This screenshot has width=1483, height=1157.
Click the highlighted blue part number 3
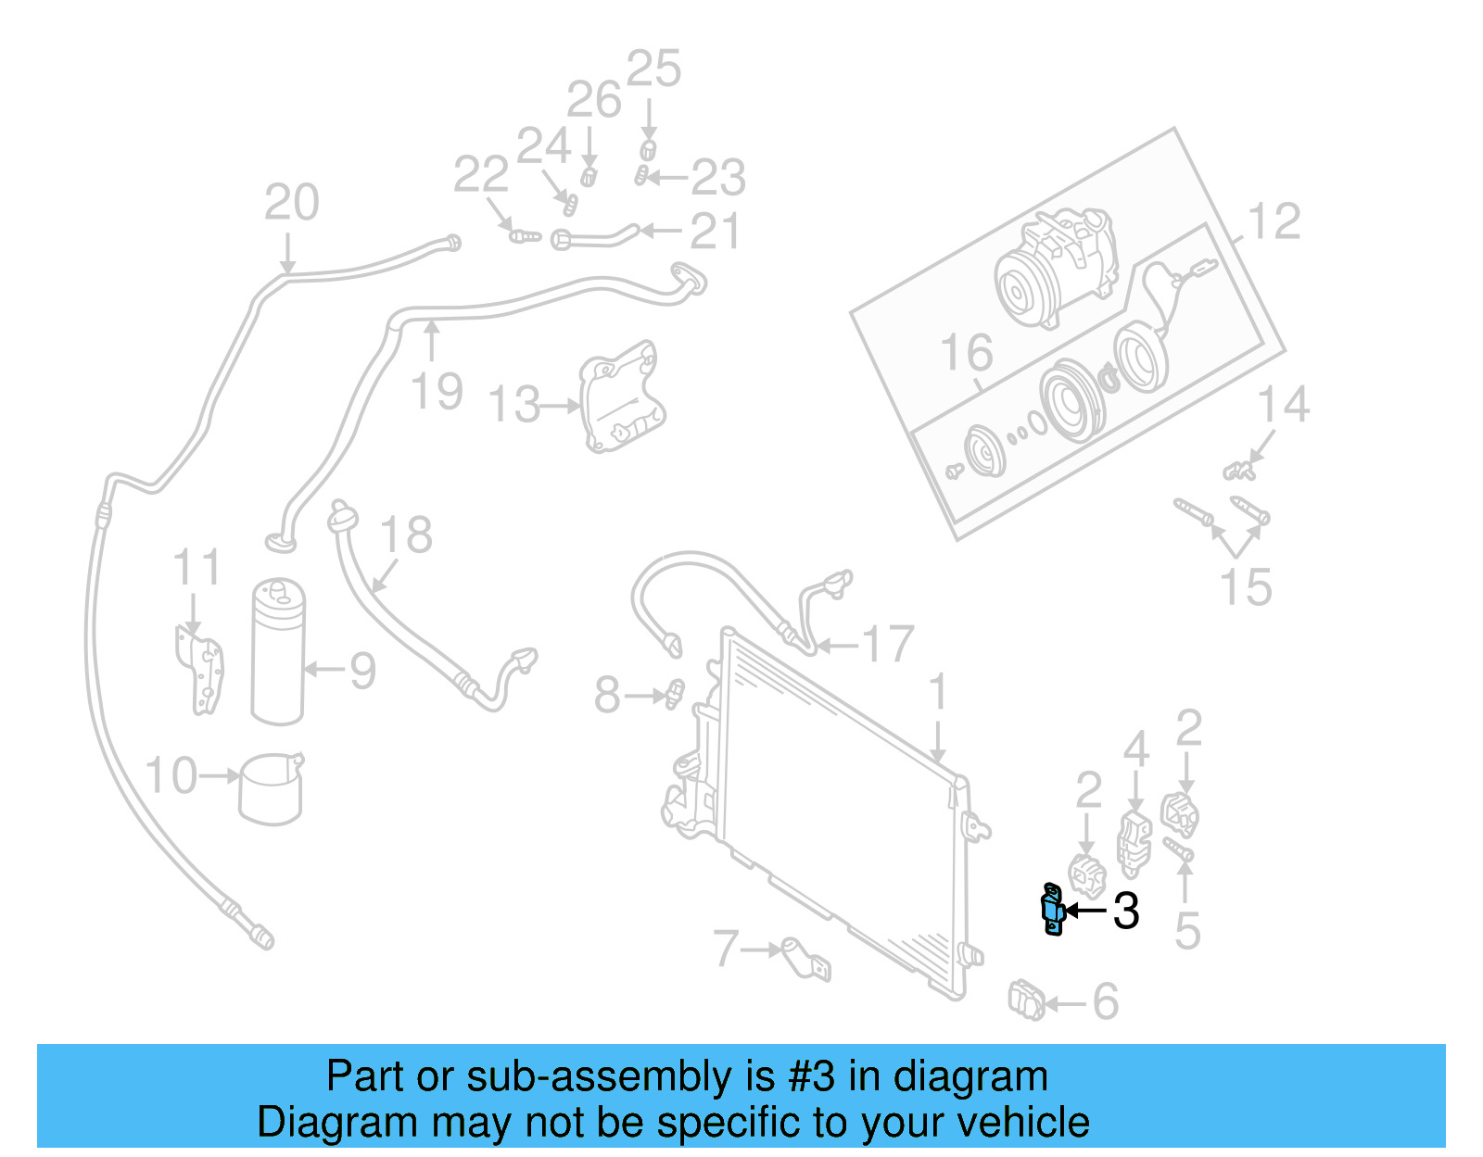point(1052,910)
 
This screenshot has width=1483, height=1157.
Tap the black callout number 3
point(1125,912)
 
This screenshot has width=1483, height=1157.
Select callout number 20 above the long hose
point(291,202)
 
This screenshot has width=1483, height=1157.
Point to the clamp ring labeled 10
point(271,788)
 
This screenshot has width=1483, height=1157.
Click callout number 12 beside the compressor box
point(1274,222)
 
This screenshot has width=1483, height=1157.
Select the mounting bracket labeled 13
point(619,398)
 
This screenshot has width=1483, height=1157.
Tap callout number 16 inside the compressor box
point(966,353)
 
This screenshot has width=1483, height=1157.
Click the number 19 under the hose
point(437,391)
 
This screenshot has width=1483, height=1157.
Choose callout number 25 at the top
point(653,69)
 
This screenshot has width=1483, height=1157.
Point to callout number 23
point(718,177)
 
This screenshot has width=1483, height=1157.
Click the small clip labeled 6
point(1026,1000)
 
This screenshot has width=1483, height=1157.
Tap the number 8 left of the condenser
point(606,695)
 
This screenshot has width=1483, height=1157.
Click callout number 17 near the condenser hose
point(888,644)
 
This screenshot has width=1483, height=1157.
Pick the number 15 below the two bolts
point(1246,587)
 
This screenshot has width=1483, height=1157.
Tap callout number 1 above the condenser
point(938,693)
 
